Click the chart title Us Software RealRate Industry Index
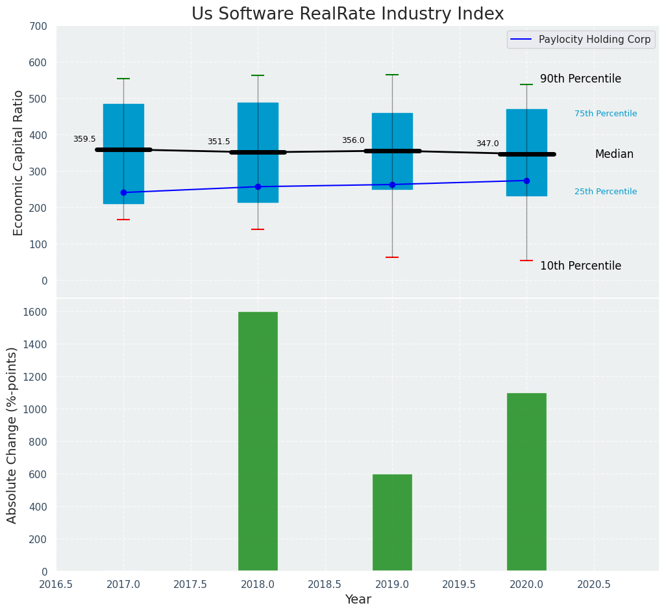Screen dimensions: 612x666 pyautogui.click(x=347, y=14)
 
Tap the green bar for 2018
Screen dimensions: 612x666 pyautogui.click(x=258, y=441)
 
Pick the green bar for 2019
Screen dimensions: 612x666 pyautogui.click(x=392, y=522)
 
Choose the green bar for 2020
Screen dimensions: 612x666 pyautogui.click(x=526, y=482)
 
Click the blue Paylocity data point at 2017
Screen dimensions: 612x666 pyautogui.click(x=123, y=192)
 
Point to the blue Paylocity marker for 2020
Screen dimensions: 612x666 pyautogui.click(x=526, y=181)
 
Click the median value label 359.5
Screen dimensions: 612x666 pyautogui.click(x=84, y=139)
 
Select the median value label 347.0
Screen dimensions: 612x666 pyautogui.click(x=487, y=144)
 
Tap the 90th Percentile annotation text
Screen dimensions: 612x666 pyautogui.click(x=580, y=79)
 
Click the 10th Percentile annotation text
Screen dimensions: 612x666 pyautogui.click(x=580, y=266)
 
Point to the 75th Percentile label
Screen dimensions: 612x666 pyautogui.click(x=606, y=114)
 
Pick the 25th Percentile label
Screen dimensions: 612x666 pyautogui.click(x=606, y=192)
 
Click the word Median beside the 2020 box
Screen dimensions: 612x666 pyautogui.click(x=614, y=154)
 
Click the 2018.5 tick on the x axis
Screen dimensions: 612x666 pyautogui.click(x=325, y=585)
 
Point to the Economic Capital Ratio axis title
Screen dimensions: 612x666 pyautogui.click(x=18, y=162)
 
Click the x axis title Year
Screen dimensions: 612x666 pyautogui.click(x=358, y=600)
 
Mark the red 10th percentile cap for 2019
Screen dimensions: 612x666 pyautogui.click(x=392, y=257)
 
